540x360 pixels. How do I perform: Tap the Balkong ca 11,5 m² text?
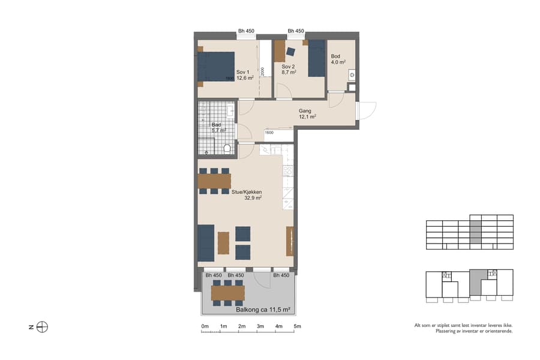click(x=263, y=310)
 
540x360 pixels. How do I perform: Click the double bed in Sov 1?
click(x=216, y=67)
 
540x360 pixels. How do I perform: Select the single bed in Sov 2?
click(x=316, y=59)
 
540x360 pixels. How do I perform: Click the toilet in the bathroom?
click(x=227, y=148)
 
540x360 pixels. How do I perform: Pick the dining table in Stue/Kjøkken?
click(x=214, y=181)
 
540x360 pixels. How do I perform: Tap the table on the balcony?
click(x=227, y=292)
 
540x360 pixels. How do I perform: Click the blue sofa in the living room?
click(x=206, y=242)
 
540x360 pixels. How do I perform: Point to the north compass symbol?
click(x=42, y=327)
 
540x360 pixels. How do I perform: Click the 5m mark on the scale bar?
click(x=297, y=326)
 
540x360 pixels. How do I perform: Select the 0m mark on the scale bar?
click(x=205, y=326)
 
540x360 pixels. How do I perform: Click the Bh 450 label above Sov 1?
click(x=246, y=31)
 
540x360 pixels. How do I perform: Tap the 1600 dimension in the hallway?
click(x=269, y=133)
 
